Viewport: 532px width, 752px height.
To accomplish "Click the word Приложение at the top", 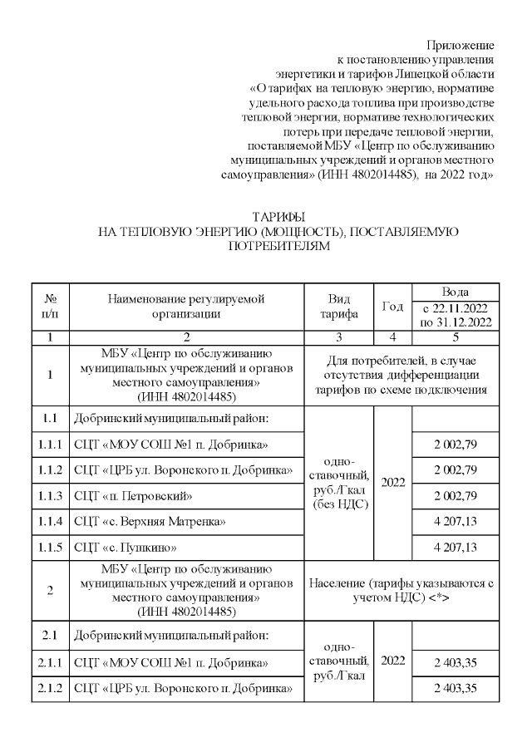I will [x=461, y=44].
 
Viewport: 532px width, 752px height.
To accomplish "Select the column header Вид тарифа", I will [x=338, y=307].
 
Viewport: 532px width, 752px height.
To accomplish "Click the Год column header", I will [x=392, y=307].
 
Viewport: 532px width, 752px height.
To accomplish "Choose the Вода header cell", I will [x=454, y=292].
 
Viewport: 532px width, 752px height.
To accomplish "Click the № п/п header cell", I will [x=51, y=307].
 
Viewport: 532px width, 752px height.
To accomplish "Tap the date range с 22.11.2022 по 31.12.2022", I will [x=454, y=314].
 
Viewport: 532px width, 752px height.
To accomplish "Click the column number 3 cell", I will [x=338, y=337].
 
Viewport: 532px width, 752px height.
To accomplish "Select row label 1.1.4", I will [x=51, y=521].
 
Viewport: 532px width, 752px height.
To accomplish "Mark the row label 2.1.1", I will [x=51, y=662].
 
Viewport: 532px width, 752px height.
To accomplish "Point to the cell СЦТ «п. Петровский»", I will [x=133, y=496].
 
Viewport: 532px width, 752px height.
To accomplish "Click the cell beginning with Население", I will [x=402, y=589].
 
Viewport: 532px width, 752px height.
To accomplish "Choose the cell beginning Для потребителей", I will [x=402, y=375].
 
